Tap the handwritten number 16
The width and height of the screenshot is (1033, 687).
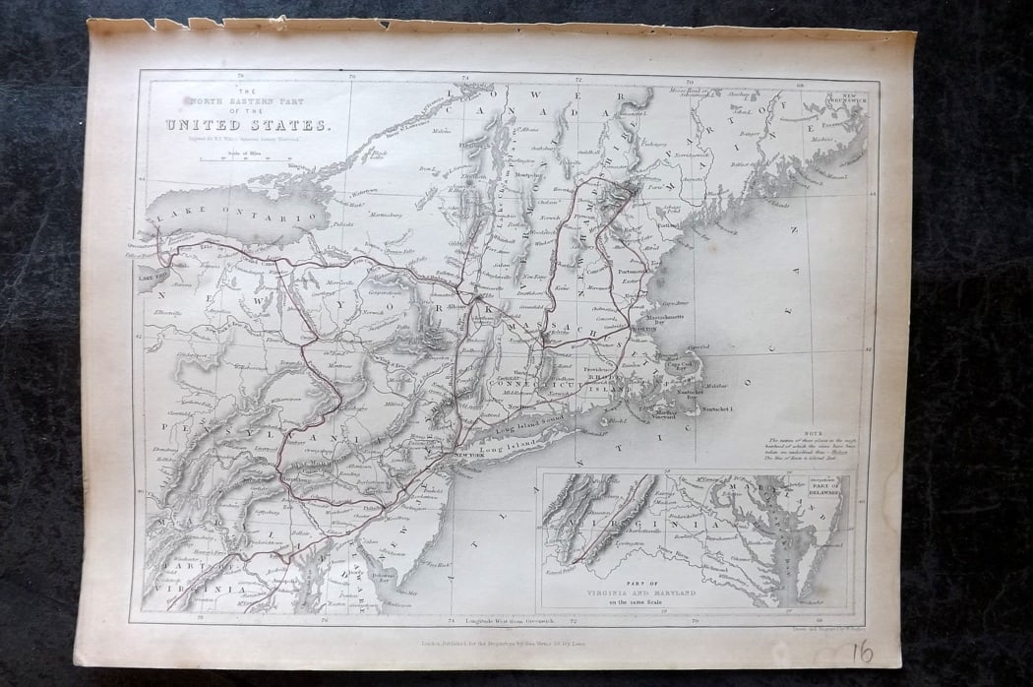pyautogui.click(x=862, y=653)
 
